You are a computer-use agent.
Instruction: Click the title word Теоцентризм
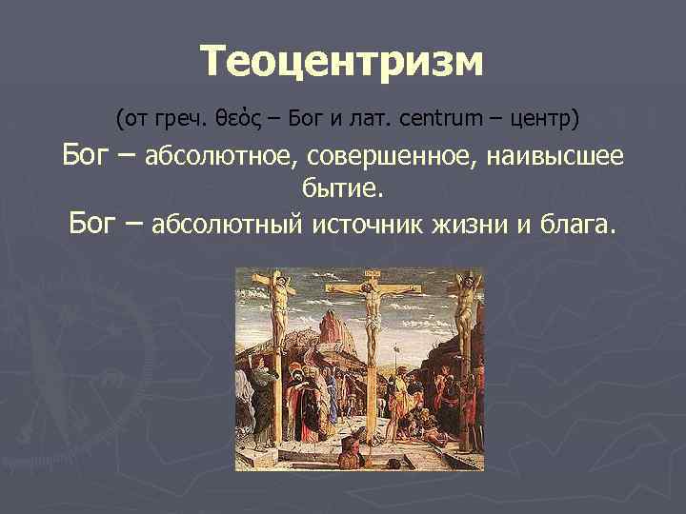pyautogui.click(x=343, y=62)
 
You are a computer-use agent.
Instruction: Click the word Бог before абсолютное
pyautogui.click(x=91, y=154)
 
